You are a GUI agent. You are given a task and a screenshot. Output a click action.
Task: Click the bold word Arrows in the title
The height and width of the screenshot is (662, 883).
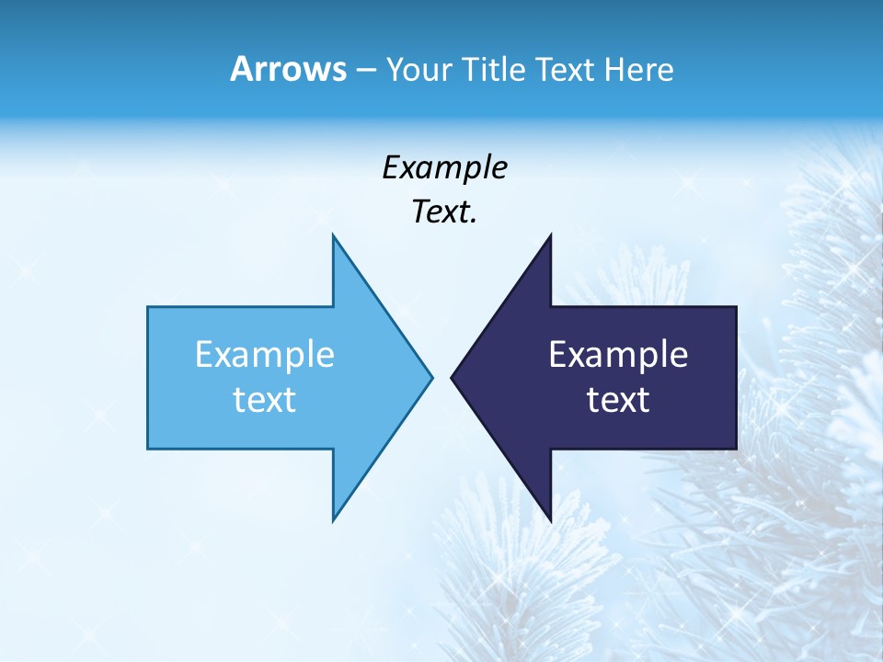(288, 70)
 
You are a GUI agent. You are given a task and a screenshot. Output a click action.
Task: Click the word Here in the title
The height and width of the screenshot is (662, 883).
(638, 70)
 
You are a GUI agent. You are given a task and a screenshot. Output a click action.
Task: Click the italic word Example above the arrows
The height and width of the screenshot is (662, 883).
(444, 168)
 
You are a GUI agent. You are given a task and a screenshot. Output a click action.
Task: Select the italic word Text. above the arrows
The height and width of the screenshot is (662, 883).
(444, 212)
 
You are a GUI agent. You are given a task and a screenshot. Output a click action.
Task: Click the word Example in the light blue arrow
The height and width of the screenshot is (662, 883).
(265, 355)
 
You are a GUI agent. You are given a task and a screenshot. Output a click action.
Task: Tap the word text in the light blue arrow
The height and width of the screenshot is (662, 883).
(265, 400)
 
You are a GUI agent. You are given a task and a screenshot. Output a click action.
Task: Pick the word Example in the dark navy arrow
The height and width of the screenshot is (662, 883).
(618, 355)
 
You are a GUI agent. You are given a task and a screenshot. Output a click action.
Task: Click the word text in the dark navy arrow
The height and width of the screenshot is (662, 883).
(618, 400)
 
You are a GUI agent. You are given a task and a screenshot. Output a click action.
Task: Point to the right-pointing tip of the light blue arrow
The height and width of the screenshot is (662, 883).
(431, 377)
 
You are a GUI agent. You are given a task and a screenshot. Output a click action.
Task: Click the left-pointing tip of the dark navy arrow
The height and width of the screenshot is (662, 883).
(452, 377)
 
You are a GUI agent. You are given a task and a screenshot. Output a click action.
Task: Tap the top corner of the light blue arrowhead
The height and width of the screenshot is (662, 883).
(333, 235)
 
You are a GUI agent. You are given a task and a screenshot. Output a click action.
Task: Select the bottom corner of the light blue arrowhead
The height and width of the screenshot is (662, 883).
(333, 520)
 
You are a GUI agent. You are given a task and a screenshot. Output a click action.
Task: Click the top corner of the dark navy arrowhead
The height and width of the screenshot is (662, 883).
(550, 235)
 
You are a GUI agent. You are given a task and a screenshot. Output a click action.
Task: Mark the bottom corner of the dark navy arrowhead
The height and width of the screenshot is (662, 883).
(550, 520)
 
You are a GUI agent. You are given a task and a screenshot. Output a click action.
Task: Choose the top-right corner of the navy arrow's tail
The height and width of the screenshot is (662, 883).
(736, 307)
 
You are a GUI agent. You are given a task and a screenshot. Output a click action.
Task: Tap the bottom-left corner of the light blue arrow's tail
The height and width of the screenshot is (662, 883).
(148, 449)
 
